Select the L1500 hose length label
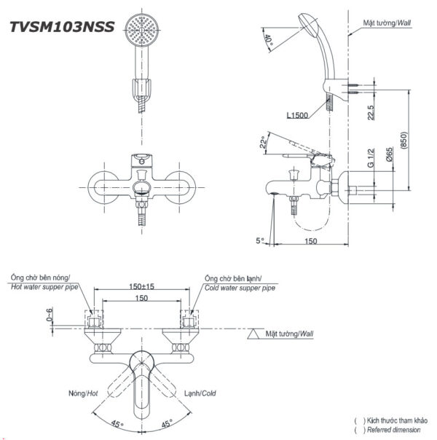299,114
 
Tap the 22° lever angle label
263,144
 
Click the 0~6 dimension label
49,315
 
